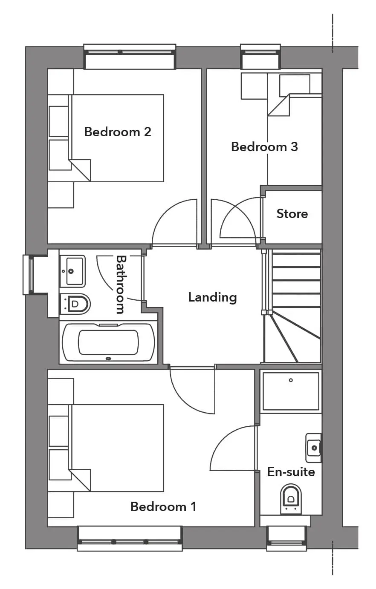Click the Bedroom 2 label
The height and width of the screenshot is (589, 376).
point(118,132)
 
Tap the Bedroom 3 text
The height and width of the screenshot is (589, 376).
point(264,147)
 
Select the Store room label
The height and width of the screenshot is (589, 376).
point(292,213)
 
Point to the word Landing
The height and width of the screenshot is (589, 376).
point(212,297)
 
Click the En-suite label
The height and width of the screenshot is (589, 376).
point(291,472)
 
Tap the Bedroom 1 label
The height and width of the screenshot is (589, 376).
point(163,506)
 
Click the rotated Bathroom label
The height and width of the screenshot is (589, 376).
point(121,284)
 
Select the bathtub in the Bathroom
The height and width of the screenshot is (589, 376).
point(108,342)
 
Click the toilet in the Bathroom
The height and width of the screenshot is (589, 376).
point(75,304)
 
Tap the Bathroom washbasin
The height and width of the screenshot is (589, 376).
point(72,271)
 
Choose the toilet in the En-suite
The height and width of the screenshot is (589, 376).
point(290,499)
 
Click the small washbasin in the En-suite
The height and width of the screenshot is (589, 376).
point(313,448)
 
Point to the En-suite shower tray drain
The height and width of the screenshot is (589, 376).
point(291,380)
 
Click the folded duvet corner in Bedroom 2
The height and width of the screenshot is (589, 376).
point(80,170)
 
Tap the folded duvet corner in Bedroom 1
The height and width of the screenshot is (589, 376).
point(80,480)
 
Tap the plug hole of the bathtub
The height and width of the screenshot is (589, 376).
point(108,359)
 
